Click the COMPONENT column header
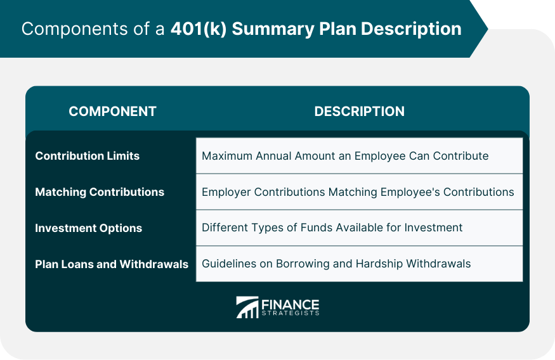click(x=112, y=112)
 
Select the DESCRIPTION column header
click(x=359, y=112)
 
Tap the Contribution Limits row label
click(x=88, y=156)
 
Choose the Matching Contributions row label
click(x=100, y=192)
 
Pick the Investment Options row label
click(x=89, y=228)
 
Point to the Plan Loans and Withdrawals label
click(x=112, y=264)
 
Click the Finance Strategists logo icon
click(x=247, y=307)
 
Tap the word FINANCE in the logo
click(x=290, y=304)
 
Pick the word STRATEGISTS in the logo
click(x=291, y=313)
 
